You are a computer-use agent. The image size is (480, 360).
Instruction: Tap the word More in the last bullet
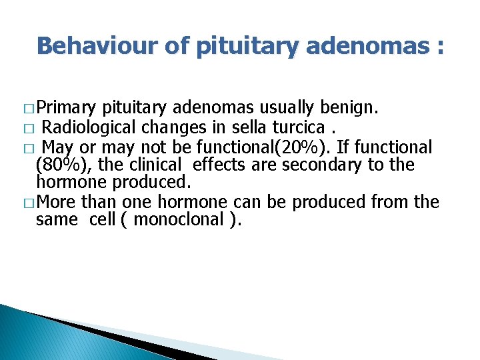[x=57, y=201]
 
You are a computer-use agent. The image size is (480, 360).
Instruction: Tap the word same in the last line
[x=57, y=219]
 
